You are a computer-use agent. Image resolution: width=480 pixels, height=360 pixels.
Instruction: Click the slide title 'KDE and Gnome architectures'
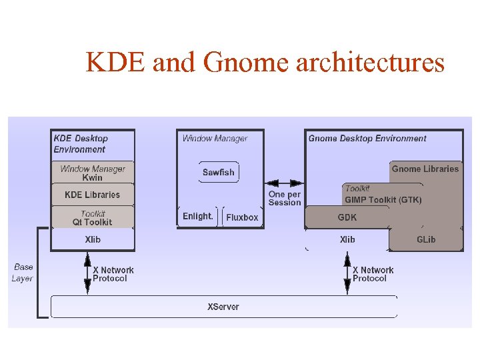pyautogui.click(x=265, y=63)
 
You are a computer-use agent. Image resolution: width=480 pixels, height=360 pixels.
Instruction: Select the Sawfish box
pyautogui.click(x=219, y=172)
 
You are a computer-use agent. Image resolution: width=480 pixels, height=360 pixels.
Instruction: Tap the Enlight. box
pyautogui.click(x=198, y=217)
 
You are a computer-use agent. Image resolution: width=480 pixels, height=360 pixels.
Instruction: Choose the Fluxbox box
pyautogui.click(x=242, y=217)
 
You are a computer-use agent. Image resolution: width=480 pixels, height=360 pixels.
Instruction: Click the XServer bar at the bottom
pyautogui.click(x=223, y=307)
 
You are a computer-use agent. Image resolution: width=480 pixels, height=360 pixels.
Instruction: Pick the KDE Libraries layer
pyautogui.click(x=93, y=195)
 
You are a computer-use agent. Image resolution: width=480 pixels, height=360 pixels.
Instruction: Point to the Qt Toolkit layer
pyautogui.click(x=93, y=218)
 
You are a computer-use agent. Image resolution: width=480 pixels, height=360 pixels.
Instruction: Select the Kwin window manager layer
pyautogui.click(x=93, y=173)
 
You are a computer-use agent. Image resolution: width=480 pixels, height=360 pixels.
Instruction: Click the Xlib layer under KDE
pyautogui.click(x=93, y=239)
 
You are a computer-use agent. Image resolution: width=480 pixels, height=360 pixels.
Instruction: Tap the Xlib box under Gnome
pyautogui.click(x=347, y=239)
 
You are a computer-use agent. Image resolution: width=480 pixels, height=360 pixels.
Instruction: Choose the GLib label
pyautogui.click(x=426, y=239)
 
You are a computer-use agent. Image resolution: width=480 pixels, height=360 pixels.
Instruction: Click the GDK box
pyautogui.click(x=347, y=217)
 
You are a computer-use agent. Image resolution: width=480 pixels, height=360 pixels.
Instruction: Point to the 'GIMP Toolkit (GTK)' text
pyautogui.click(x=383, y=199)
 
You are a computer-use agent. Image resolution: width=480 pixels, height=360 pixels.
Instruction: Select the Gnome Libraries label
pyautogui.click(x=425, y=169)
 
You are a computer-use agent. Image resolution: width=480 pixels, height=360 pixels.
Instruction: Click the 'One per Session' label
pyautogui.click(x=285, y=199)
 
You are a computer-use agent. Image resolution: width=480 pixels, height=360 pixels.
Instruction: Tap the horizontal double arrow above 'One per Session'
pyautogui.click(x=285, y=183)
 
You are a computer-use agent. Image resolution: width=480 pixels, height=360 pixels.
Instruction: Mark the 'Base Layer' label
pyautogui.click(x=23, y=273)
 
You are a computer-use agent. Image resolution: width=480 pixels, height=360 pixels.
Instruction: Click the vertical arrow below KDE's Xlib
pyautogui.click(x=87, y=273)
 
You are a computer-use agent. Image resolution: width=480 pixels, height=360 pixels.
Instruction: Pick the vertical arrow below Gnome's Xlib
pyautogui.click(x=347, y=273)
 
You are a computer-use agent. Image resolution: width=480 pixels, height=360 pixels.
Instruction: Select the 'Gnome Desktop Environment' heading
pyautogui.click(x=367, y=139)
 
